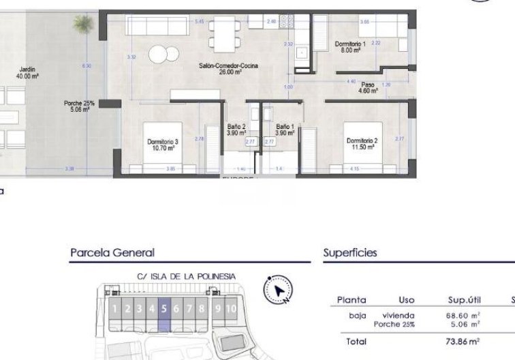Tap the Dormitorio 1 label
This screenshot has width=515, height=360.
(x=350, y=47)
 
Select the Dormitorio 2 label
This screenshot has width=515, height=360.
(x=361, y=143)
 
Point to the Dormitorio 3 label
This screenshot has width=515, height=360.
(x=162, y=144)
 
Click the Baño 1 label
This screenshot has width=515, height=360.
(x=285, y=130)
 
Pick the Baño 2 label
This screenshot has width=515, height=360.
(x=236, y=130)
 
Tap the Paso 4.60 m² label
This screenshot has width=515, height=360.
(x=368, y=87)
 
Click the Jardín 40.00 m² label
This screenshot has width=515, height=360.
(x=27, y=72)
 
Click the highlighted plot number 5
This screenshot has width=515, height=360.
(x=163, y=309)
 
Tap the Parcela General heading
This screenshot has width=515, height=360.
(x=112, y=253)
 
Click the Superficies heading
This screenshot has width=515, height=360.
(x=350, y=253)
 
